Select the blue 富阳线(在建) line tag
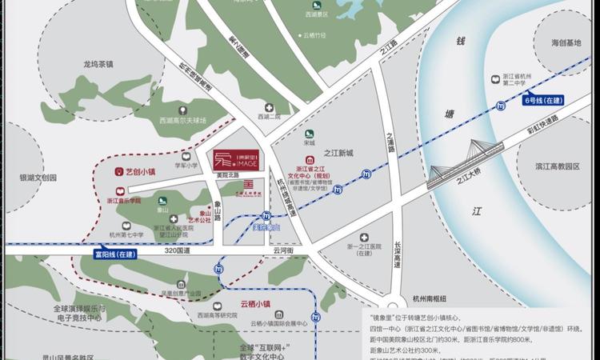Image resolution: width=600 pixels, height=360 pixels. pos(114,254)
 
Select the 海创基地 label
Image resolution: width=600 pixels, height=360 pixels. pos(560,43)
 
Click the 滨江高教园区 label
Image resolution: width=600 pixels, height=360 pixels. pos(558,166)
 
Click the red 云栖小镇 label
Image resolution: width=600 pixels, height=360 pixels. pos(256,304)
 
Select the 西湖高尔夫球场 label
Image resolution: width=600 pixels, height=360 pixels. pos(182,121)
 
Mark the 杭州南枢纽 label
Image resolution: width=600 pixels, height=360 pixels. pos(423,298)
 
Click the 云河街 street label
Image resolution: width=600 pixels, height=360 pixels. pos(284,250)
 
